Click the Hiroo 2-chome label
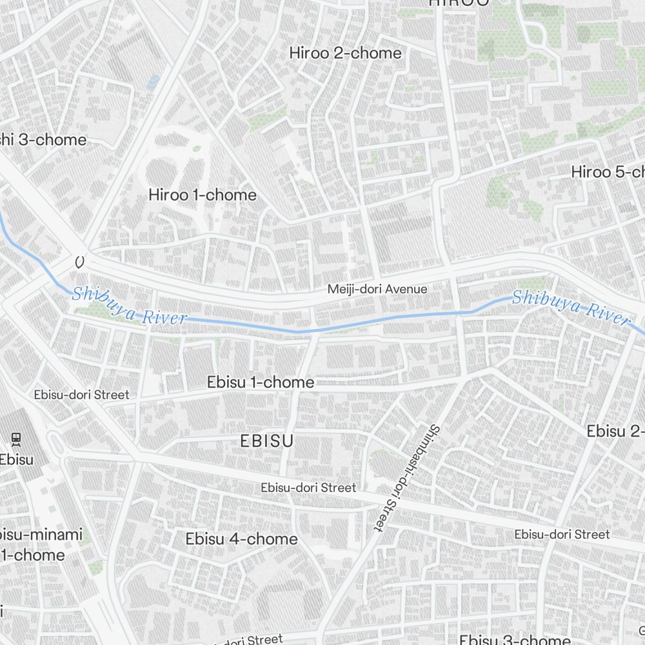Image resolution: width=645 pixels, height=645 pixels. [x=345, y=53]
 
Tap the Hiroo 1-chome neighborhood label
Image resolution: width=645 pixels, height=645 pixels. [x=202, y=195]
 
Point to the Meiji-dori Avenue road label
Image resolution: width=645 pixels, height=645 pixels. [x=377, y=289]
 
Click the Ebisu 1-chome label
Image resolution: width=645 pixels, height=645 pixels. [x=261, y=382]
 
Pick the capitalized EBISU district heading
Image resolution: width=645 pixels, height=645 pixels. [x=266, y=441]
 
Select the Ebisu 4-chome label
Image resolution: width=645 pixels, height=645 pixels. [x=241, y=539]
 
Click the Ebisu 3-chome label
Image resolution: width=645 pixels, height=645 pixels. [x=515, y=639]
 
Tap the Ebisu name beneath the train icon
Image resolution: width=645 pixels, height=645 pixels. [x=16, y=460]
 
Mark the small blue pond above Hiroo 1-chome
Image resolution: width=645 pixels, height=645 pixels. [x=154, y=82]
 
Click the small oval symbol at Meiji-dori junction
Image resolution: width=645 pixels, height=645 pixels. [x=79, y=262]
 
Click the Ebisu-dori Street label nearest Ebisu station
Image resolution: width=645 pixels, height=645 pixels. [x=81, y=394]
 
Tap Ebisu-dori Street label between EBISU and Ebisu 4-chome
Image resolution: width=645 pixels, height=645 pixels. [x=308, y=488]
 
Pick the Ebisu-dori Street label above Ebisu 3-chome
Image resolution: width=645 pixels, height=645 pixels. [x=561, y=534]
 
